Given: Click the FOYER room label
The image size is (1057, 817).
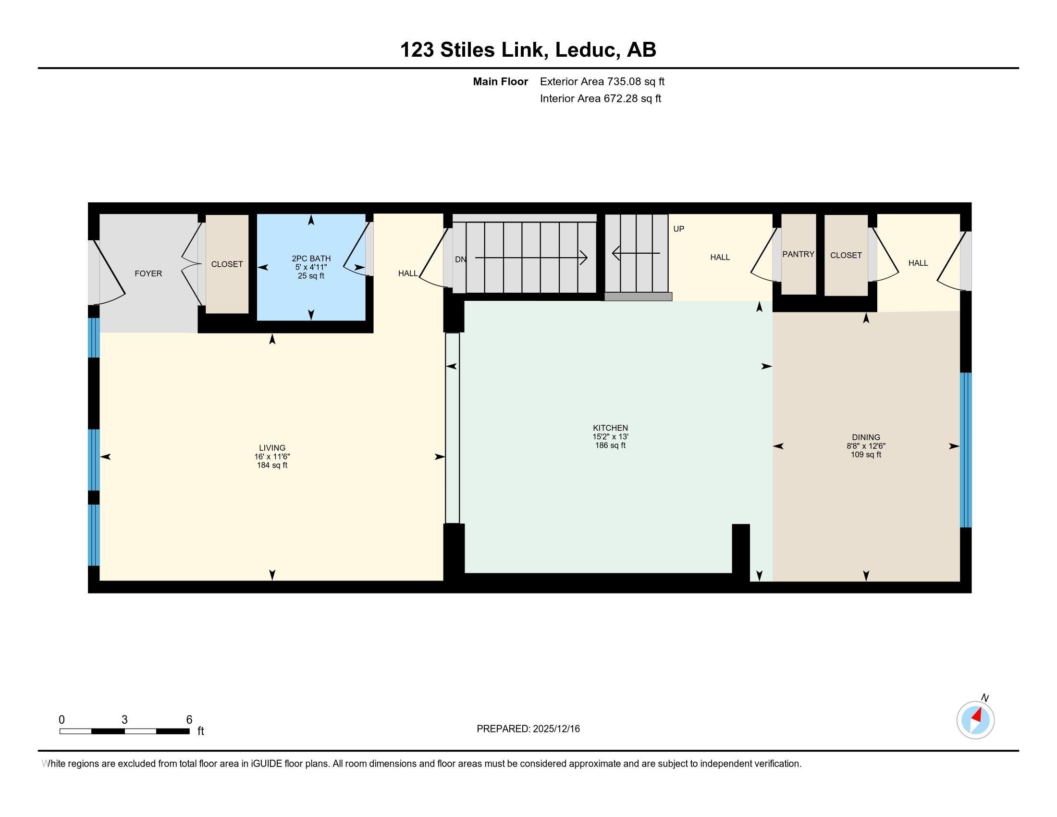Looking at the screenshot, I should (148, 273).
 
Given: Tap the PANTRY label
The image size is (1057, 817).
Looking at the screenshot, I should (798, 254).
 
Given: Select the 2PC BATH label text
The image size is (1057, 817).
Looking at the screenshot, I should (311, 259).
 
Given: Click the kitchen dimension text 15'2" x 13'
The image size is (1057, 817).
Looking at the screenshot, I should (610, 436).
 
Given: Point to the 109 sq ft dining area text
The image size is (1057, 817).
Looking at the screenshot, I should (866, 455).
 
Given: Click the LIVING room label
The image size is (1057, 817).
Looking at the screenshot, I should (272, 448).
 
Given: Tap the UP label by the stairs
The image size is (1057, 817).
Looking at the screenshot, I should (678, 229).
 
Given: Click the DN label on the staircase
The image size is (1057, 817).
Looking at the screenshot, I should (460, 260).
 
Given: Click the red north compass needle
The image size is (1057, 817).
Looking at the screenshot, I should (977, 715).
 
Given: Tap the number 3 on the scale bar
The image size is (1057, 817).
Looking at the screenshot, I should (124, 720).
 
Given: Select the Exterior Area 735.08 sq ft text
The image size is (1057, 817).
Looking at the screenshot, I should (602, 82).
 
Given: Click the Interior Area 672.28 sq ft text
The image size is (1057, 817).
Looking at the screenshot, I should (600, 99).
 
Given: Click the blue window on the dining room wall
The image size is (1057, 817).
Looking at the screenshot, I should (966, 450).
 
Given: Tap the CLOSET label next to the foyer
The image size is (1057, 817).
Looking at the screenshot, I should (227, 264).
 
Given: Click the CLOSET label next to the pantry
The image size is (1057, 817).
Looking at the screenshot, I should (846, 256).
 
